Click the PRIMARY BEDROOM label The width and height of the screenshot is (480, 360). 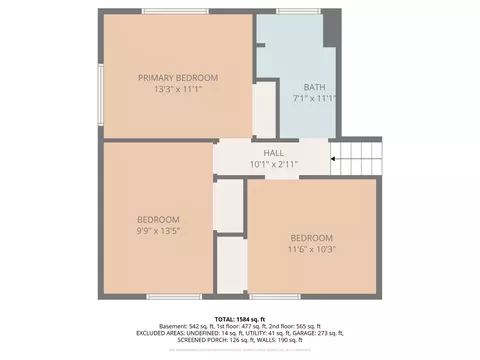pos(178,77)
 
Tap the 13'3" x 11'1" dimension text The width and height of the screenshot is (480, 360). pos(178,89)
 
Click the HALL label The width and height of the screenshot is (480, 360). pos(273,153)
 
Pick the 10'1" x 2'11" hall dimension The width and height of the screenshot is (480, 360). pos(273,164)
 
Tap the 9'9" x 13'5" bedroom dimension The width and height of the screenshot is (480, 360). pos(158,232)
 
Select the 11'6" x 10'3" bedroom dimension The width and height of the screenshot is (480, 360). pos(312,250)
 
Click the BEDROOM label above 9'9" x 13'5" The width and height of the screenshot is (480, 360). pos(158,220)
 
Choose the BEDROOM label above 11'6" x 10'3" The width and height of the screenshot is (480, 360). pos(312,238)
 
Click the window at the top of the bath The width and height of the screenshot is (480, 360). pos(292,11)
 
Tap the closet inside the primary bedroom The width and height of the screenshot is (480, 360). pos(264,110)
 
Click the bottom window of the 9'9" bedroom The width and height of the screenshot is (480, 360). pos(164,296)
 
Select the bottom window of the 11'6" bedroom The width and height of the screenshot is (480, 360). pos(267,296)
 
